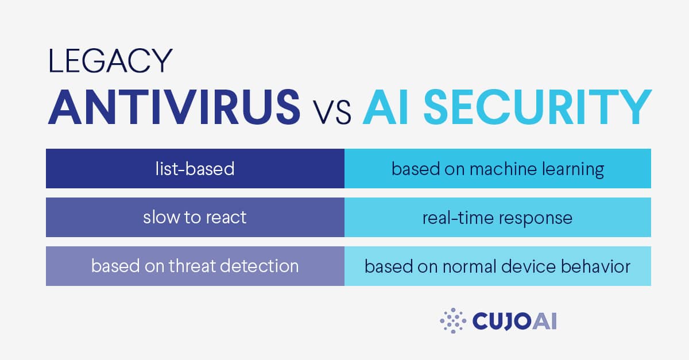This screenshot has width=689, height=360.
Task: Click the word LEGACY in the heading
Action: click(110, 61)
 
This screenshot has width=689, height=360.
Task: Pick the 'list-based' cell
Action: click(195, 169)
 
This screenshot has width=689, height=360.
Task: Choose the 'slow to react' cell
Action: click(195, 217)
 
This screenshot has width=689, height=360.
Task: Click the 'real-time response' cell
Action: click(498, 217)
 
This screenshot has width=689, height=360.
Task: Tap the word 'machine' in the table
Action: click(503, 169)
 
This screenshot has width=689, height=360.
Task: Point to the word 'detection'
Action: click(260, 266)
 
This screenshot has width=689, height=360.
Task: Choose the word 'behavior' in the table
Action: click(595, 266)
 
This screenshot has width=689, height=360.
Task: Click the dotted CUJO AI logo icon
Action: click(453, 320)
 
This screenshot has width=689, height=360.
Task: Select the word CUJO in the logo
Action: click(502, 321)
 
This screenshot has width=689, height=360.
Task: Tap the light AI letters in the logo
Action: click(544, 321)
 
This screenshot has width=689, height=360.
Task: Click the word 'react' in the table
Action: click(226, 218)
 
